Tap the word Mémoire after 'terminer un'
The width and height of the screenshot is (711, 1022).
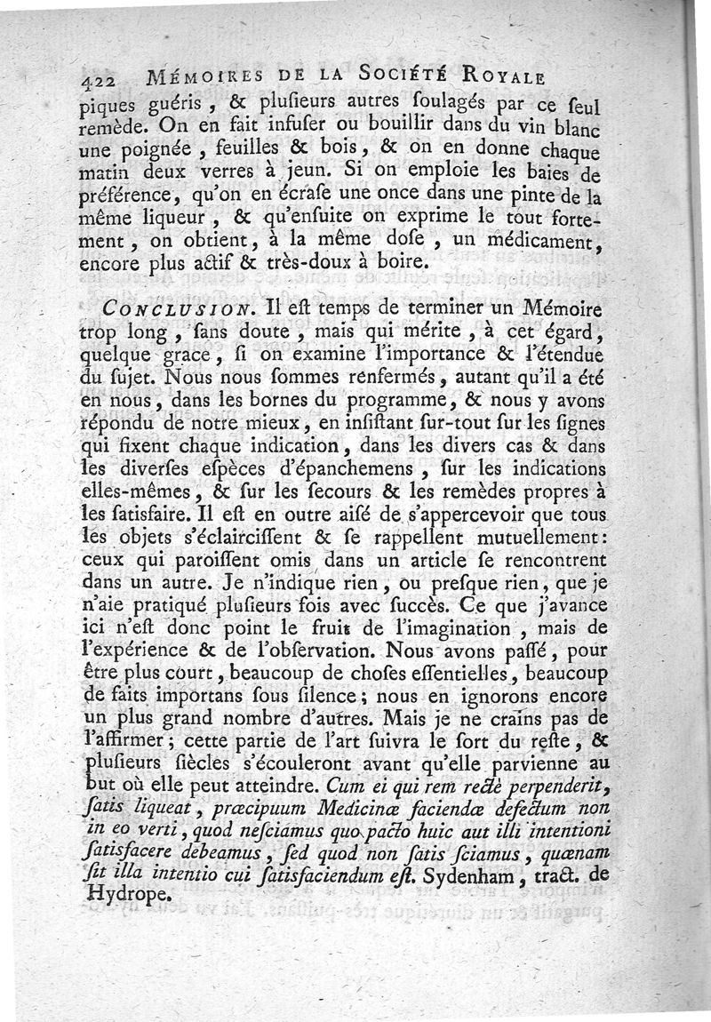pyautogui.click(x=551, y=308)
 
